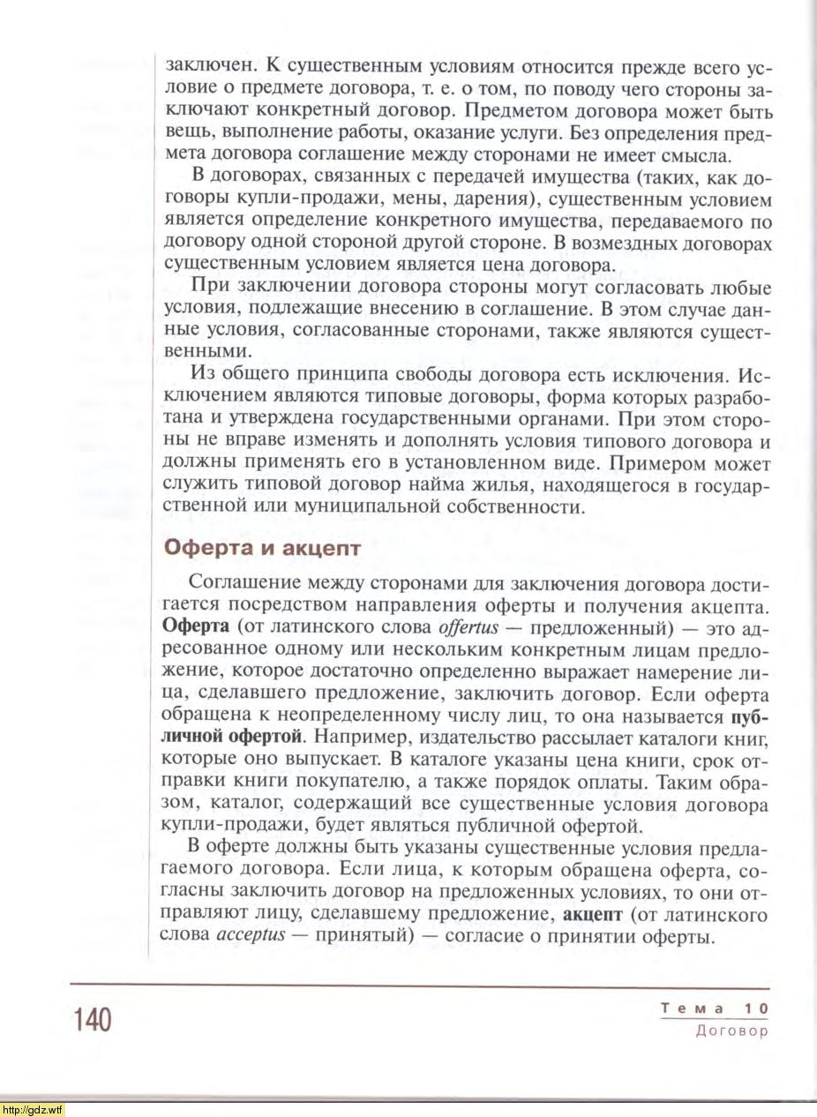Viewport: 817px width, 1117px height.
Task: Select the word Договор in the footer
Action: click(732, 1030)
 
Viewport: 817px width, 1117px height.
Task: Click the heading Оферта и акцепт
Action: click(263, 547)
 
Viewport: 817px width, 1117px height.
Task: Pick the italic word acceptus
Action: click(251, 935)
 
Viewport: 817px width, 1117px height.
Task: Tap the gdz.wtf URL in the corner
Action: click(32, 1109)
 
